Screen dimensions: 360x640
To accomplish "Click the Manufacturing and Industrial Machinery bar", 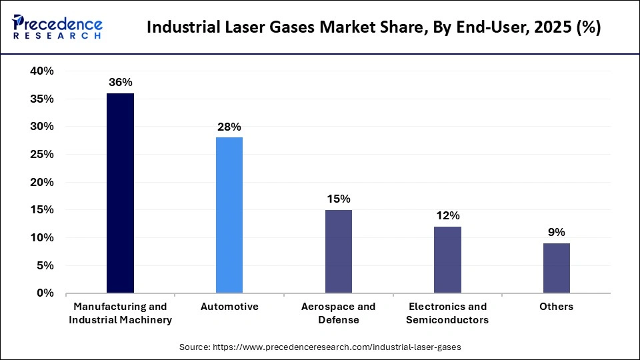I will [x=120, y=193].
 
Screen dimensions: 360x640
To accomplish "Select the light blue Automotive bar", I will [x=229, y=215].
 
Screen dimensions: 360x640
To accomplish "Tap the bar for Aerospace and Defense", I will [x=339, y=251].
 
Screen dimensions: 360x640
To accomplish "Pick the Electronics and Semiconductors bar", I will [x=447, y=259].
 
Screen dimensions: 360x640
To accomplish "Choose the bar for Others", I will [x=557, y=268].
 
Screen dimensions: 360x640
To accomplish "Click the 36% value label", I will [x=121, y=83].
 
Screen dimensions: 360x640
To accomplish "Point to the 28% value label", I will [x=229, y=127].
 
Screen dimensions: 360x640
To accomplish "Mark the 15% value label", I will [x=339, y=199].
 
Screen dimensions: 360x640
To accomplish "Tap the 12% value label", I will [x=447, y=215].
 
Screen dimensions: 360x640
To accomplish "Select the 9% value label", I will [x=557, y=232].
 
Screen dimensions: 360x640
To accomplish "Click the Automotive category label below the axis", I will [x=229, y=307].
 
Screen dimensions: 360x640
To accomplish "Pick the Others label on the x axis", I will [x=557, y=307].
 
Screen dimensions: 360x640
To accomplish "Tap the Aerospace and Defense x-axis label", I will [x=339, y=313].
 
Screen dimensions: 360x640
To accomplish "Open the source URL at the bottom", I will [x=320, y=347].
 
